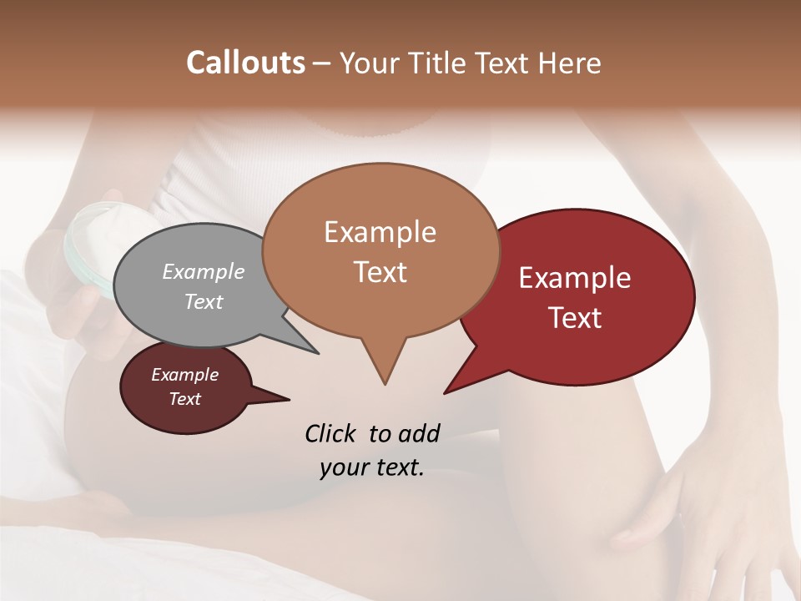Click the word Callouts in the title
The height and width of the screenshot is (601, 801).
click(x=245, y=63)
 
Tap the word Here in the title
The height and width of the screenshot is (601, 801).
click(x=571, y=63)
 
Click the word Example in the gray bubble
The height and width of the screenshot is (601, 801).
click(x=204, y=271)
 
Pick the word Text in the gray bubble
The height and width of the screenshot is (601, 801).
click(x=204, y=301)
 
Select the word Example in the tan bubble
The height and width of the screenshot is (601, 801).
click(x=380, y=232)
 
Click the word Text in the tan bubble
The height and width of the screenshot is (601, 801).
click(x=380, y=272)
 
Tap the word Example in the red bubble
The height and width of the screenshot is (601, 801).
click(x=575, y=278)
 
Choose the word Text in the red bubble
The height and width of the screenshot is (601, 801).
click(x=575, y=318)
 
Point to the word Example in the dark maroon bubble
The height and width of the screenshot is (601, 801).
click(x=184, y=375)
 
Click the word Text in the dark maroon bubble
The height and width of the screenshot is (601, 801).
click(x=184, y=399)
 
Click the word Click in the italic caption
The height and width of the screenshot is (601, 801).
click(x=331, y=433)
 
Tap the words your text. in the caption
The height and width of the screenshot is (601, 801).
click(x=372, y=467)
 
